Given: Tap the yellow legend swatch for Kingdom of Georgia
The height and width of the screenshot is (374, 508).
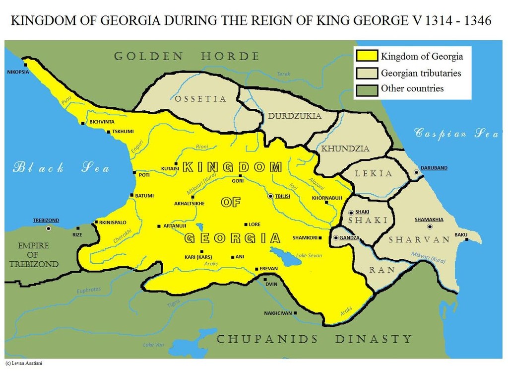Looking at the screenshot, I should click(366, 56).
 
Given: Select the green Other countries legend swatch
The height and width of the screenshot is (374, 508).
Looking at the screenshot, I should click(366, 89).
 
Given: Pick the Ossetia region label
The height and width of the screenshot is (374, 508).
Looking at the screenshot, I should click(200, 99).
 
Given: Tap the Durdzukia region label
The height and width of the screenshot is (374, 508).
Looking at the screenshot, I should click(295, 116).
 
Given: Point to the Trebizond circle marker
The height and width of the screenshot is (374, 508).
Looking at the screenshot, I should click(49, 228).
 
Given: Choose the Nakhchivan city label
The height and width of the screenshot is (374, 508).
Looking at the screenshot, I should click(278, 313).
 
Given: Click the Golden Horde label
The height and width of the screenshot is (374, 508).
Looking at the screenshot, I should click(187, 56).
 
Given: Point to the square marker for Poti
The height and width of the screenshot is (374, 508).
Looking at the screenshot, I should click(134, 173).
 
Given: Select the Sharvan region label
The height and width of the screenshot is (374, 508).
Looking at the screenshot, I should click(419, 239).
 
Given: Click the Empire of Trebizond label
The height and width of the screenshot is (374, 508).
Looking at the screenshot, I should click(34, 255).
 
